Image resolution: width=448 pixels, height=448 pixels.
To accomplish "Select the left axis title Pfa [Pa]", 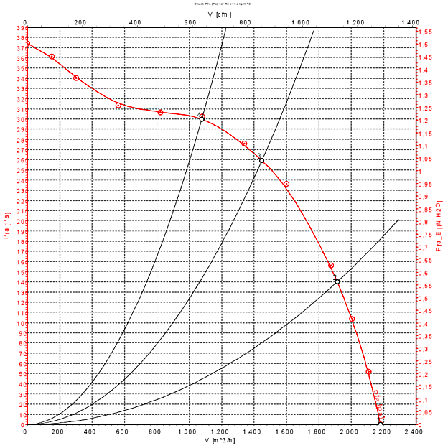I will tap(6, 226).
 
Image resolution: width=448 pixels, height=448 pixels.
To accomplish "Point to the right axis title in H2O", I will tap(439, 226).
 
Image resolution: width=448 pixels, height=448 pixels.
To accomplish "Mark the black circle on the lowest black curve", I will tap(337, 281).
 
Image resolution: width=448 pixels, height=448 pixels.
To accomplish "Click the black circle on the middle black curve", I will tap(261, 160).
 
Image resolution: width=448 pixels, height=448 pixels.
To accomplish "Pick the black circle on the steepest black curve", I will tap(202, 118).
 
